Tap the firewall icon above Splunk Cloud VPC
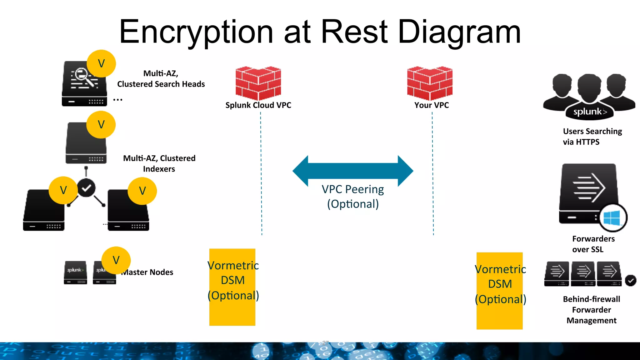(x=258, y=83)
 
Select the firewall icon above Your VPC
(x=430, y=83)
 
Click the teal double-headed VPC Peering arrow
(x=353, y=171)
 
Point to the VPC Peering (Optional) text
(x=353, y=197)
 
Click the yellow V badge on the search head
(x=101, y=63)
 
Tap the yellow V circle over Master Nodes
(x=116, y=260)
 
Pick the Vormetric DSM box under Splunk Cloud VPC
(x=232, y=287)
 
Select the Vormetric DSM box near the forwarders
(x=499, y=291)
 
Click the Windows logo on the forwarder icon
(x=612, y=218)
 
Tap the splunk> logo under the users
(x=589, y=112)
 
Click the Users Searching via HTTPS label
(x=592, y=137)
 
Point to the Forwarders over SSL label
(x=593, y=244)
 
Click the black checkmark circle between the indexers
(x=86, y=188)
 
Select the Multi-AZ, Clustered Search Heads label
(x=161, y=79)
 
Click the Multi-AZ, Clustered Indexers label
(x=159, y=163)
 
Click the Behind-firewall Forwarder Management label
(x=591, y=310)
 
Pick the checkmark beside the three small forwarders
(x=631, y=281)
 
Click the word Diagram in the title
(x=459, y=32)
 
